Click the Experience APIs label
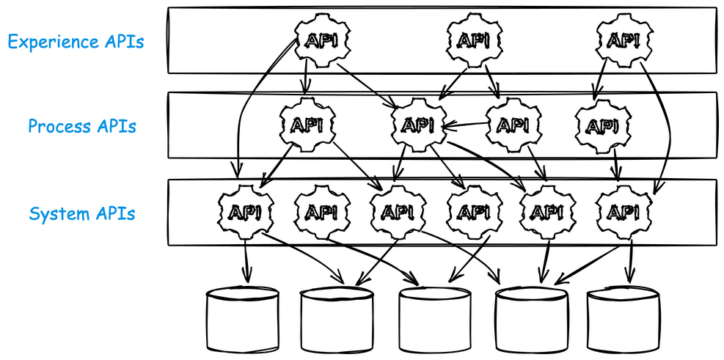76,41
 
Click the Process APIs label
82,126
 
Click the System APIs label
82,214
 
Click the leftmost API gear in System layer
245,211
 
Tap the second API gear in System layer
321,212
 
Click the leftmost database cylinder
243,318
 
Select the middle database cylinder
435,319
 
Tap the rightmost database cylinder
624,318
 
